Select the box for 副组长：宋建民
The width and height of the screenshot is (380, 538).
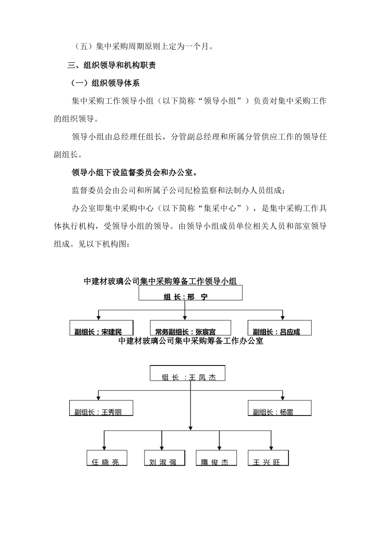(x=101, y=328)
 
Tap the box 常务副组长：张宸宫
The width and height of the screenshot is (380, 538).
(x=190, y=328)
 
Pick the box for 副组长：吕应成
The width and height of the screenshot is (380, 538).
(x=279, y=328)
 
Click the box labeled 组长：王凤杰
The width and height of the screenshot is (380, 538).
(x=188, y=373)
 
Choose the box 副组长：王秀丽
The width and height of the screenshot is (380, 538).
(x=101, y=408)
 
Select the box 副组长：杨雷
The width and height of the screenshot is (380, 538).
(x=279, y=408)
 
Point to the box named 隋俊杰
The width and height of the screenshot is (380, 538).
(x=216, y=458)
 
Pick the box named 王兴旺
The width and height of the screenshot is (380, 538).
(x=268, y=458)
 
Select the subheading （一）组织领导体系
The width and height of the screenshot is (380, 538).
(x=105, y=83)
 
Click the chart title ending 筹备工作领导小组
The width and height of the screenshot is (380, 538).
(x=160, y=281)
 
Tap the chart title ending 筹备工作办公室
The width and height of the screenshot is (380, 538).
(x=191, y=341)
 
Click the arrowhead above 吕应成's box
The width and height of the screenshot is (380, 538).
(x=282, y=317)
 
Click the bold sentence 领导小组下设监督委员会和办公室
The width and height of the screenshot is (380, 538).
(x=134, y=173)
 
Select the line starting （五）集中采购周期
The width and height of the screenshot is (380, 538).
(x=144, y=47)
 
